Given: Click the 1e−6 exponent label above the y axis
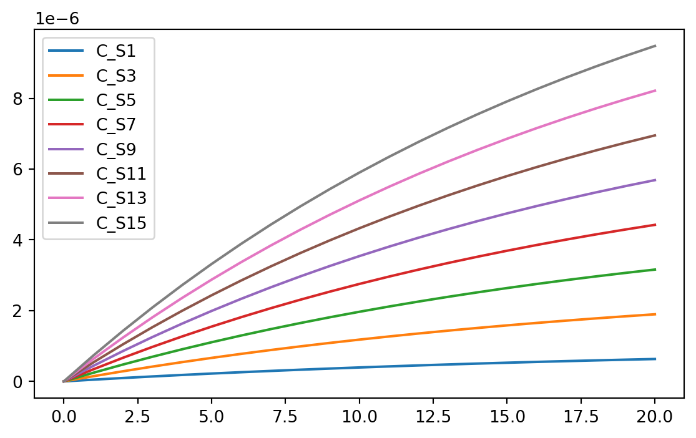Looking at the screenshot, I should pos(56,17).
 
